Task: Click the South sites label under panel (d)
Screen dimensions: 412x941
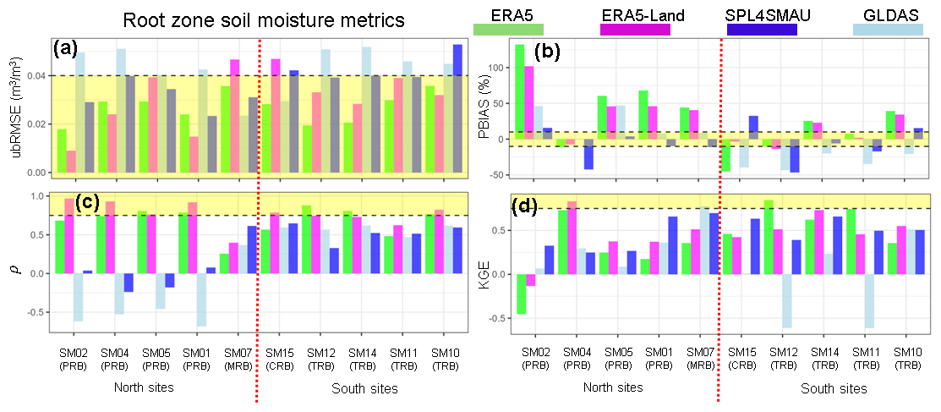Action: coord(834,389)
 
